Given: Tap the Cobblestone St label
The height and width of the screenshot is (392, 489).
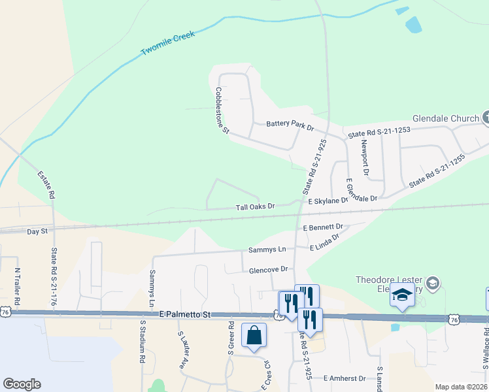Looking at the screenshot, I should tap(223, 111).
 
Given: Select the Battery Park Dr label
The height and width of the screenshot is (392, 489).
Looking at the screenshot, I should tap(290, 123).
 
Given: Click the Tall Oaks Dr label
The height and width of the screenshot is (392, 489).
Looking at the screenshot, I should tap(255, 206).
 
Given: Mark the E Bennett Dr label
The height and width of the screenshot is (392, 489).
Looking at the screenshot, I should tap(324, 227).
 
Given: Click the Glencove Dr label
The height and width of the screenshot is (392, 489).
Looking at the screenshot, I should tap(268, 270).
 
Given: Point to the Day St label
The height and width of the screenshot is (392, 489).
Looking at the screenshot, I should tap(37, 231).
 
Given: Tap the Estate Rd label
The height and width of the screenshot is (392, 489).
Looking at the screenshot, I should tap(45, 185).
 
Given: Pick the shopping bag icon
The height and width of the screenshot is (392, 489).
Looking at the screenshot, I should tap(254, 335).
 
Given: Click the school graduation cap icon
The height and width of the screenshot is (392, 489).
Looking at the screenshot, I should tap(402, 297).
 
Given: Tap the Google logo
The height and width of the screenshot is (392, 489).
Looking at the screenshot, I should tap(22, 384).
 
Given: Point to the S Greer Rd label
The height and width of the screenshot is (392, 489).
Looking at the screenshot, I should tap(231, 337).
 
